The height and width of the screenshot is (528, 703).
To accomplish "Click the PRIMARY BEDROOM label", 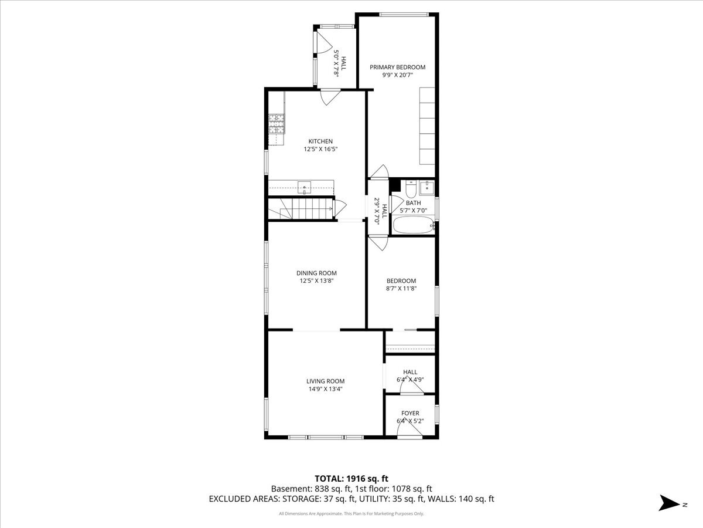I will [x=397, y=67].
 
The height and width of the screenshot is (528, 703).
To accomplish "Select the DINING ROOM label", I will [x=316, y=273].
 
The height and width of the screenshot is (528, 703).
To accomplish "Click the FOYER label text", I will [x=410, y=413].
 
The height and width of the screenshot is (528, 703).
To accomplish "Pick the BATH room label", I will [x=413, y=203].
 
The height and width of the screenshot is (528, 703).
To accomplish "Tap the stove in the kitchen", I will [x=277, y=124].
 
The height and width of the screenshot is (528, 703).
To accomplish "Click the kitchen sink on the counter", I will [x=305, y=188].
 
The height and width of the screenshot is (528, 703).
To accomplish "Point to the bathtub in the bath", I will [x=414, y=225].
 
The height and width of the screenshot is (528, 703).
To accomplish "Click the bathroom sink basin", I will [x=427, y=187].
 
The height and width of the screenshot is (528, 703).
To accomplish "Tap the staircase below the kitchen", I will [x=302, y=208].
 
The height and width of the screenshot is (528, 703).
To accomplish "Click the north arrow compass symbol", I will [x=668, y=503].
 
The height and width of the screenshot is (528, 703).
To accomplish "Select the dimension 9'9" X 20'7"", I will [x=397, y=75].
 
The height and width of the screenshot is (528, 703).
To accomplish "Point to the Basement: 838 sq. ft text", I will [x=310, y=489].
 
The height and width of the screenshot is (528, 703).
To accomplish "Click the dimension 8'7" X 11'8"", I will [x=401, y=288].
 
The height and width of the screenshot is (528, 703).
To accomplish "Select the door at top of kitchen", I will [x=330, y=96].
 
